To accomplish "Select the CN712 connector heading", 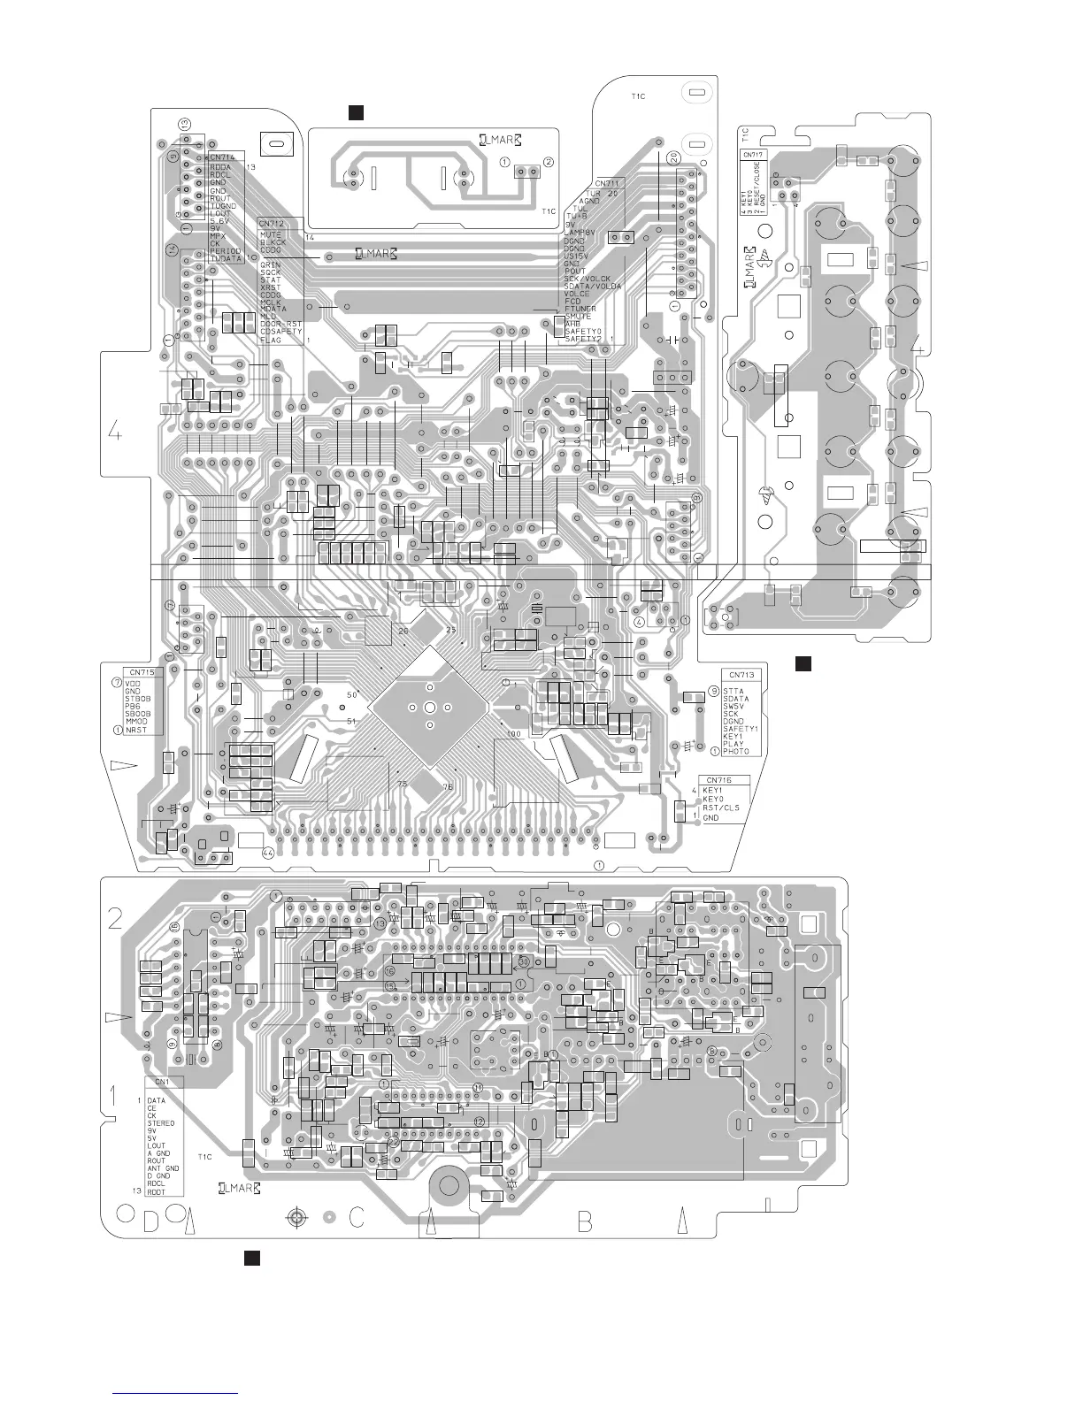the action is pos(271,224).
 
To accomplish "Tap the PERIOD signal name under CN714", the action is pos(226,251).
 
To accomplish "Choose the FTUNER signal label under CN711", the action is pos(580,309).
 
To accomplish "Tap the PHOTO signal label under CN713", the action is pos(736,751).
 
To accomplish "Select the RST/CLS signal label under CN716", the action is pos(721,808).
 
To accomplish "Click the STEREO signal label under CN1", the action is pos(161,1122).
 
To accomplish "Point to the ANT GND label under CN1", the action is pos(164,1168).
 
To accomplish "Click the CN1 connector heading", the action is pos(163,1082).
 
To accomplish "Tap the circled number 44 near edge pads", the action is pos(268,853).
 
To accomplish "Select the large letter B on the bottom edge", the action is pos(585,1223).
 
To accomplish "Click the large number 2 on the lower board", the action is pos(115,919).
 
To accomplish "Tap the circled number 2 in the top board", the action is pos(549,162).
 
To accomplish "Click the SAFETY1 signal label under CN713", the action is pos(741,728).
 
